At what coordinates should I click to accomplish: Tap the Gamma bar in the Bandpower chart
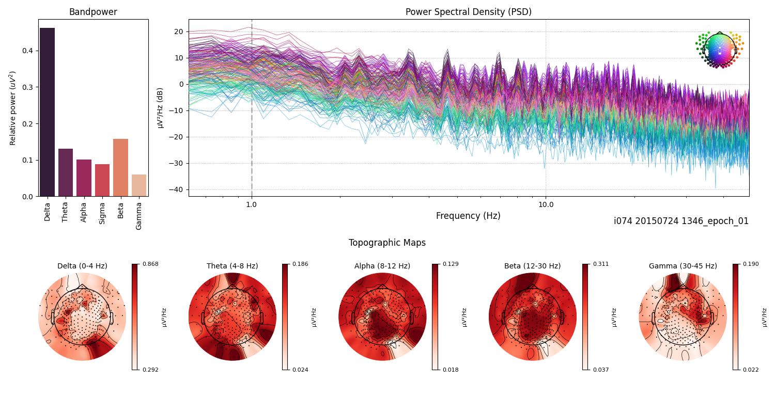click(x=139, y=185)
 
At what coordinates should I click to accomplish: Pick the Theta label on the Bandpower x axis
click(x=65, y=211)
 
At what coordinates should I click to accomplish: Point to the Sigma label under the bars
click(x=102, y=212)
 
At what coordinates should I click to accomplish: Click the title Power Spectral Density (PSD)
click(x=468, y=12)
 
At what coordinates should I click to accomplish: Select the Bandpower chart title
click(x=93, y=12)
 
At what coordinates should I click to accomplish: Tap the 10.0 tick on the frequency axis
click(x=546, y=204)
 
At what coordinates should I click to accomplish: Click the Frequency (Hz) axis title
click(x=468, y=216)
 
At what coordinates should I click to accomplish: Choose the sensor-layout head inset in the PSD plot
click(x=719, y=49)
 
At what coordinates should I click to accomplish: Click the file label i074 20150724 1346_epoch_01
click(x=681, y=221)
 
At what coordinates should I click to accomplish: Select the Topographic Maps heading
click(x=387, y=243)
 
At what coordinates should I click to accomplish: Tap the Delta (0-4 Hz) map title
click(x=82, y=266)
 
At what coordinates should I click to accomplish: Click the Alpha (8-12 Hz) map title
click(x=382, y=266)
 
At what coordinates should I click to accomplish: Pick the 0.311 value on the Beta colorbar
click(x=601, y=264)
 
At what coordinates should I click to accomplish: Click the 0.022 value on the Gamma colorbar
click(x=751, y=370)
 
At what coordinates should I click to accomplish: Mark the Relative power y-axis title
click(x=13, y=108)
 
